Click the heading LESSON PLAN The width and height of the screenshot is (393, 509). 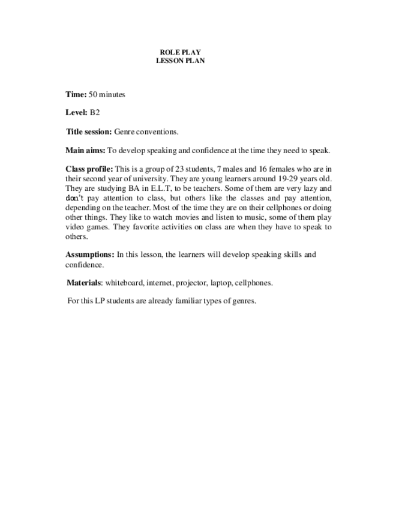point(180,61)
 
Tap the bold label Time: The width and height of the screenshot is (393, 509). point(76,94)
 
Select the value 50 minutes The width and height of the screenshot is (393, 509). point(107,94)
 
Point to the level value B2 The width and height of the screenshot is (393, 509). point(95,112)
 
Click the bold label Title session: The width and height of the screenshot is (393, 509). point(89,131)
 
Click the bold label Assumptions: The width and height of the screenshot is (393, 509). point(90,254)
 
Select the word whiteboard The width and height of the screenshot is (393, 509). point(124,283)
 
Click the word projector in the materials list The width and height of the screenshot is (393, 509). point(190,283)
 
